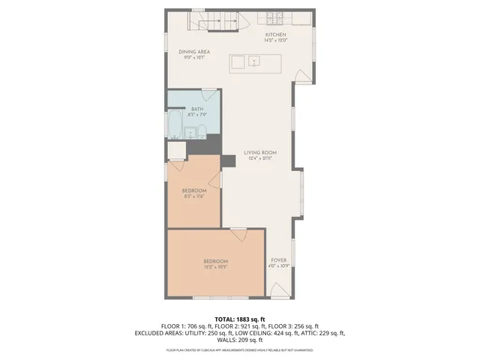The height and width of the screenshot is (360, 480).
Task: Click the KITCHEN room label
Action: click(275, 35)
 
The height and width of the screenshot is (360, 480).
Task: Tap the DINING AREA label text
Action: click(193, 52)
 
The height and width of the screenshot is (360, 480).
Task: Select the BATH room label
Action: click(196, 109)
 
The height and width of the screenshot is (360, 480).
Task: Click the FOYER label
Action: click(279, 260)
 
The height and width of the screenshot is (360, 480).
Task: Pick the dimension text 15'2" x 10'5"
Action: click(215, 267)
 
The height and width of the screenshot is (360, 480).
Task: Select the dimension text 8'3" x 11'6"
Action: click(194, 196)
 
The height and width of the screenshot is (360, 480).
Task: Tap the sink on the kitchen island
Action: click(255, 62)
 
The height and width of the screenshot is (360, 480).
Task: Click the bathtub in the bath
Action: click(174, 126)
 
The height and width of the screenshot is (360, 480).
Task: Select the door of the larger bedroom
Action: click(239, 235)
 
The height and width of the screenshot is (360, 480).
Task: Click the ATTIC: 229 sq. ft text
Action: click(325, 333)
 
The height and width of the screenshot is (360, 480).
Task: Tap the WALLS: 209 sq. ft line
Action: click(240, 340)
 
